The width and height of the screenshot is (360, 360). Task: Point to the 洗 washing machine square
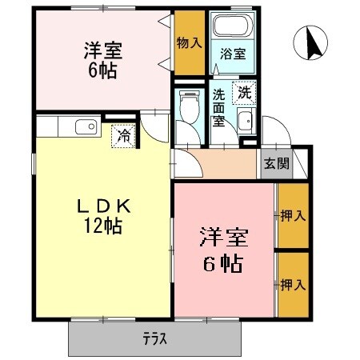click(244, 93)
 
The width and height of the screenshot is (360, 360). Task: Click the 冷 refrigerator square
click(123, 135)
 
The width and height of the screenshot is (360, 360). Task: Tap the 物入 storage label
click(189, 42)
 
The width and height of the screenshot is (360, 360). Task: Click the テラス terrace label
click(155, 338)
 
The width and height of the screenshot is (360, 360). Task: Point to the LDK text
click(100, 206)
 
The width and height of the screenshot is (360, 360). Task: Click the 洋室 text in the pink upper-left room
click(101, 47)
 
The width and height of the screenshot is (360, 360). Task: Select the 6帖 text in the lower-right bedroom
click(223, 262)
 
